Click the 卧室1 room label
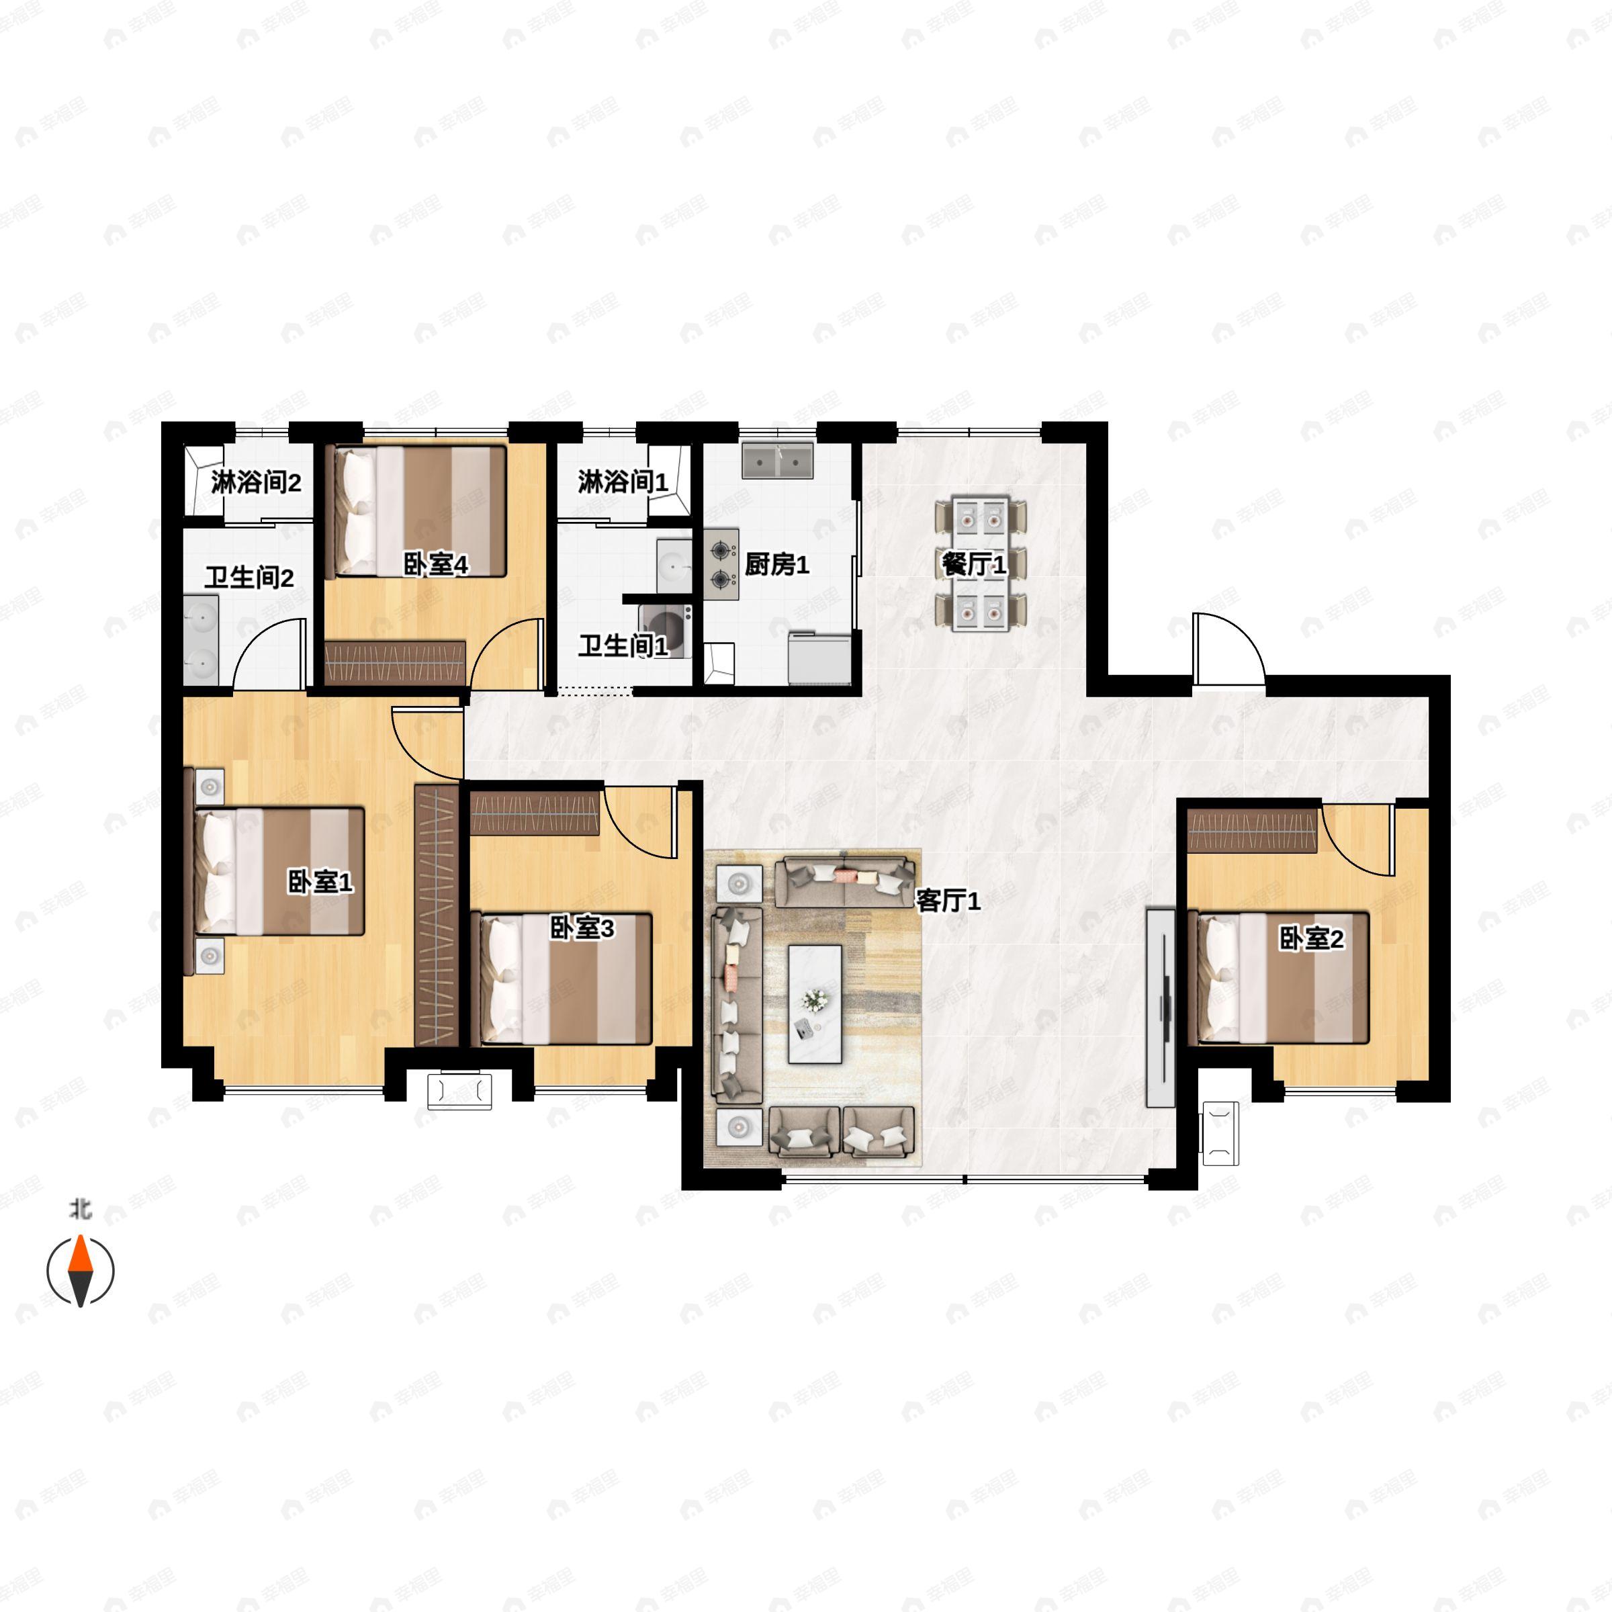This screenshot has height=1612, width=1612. [320, 882]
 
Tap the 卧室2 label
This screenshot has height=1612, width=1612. [1312, 940]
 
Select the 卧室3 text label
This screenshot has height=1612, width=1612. [582, 928]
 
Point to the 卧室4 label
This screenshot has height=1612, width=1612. [435, 565]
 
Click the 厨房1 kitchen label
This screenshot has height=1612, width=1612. [777, 565]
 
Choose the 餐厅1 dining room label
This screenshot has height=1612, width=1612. [974, 565]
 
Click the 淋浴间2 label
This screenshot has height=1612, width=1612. [256, 482]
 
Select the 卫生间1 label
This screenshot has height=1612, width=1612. [623, 645]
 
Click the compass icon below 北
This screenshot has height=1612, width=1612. [80, 1271]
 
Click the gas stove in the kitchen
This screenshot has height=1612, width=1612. [721, 564]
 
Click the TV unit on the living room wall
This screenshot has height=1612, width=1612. [1160, 1008]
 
